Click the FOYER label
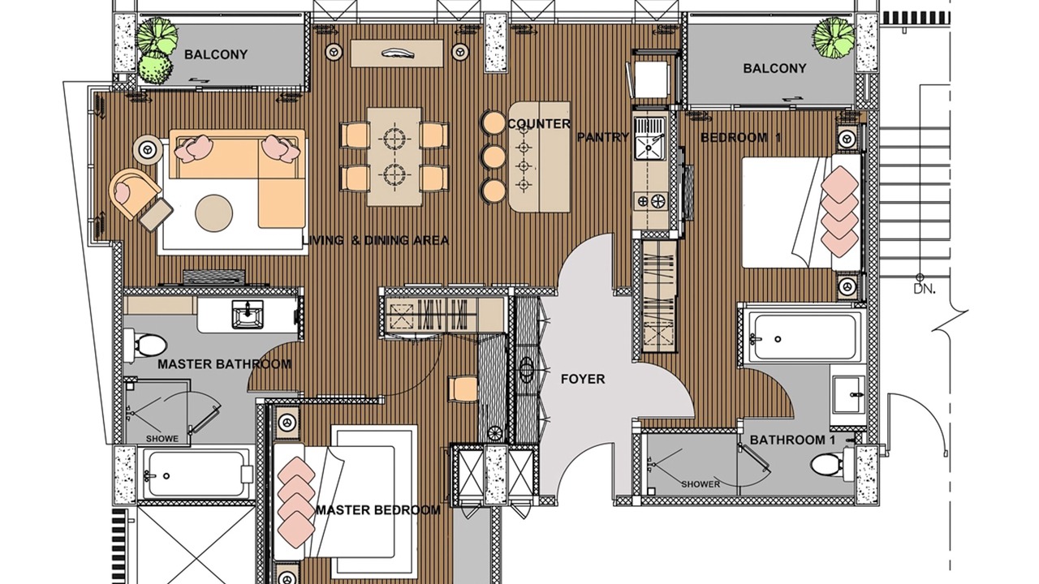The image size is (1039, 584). coord(583,379)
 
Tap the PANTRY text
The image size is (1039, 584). coord(602,137)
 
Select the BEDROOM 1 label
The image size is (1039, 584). coord(741,137)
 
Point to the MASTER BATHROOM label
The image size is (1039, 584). coord(225,364)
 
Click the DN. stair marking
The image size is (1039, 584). coord(925,290)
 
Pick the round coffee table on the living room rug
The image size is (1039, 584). coord(213,213)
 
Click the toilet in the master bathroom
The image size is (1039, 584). coord(145,346)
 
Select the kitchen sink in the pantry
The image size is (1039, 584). coord(650,138)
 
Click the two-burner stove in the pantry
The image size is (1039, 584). coord(651,201)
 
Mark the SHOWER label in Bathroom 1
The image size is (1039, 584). coord(701,484)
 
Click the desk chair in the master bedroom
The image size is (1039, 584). coord(463,389)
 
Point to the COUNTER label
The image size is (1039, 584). coord(539,124)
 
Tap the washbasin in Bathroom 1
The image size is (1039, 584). coord(848,394)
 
